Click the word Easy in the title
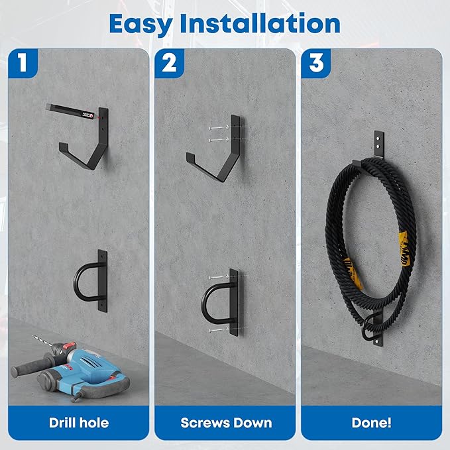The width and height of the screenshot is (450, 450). [x=141, y=25]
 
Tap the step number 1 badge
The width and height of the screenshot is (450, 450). [x=23, y=63]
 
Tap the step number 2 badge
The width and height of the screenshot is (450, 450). [x=169, y=63]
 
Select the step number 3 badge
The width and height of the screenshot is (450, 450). [x=316, y=63]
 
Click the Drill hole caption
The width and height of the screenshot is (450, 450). [x=79, y=423]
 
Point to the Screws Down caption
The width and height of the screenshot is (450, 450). [x=226, y=423]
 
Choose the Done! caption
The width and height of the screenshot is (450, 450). [x=371, y=423]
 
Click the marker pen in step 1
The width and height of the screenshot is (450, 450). [x=70, y=111]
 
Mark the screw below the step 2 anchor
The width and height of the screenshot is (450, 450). [x=217, y=330]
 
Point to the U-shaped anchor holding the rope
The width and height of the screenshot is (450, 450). [x=373, y=327]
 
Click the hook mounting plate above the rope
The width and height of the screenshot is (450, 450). [x=379, y=144]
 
